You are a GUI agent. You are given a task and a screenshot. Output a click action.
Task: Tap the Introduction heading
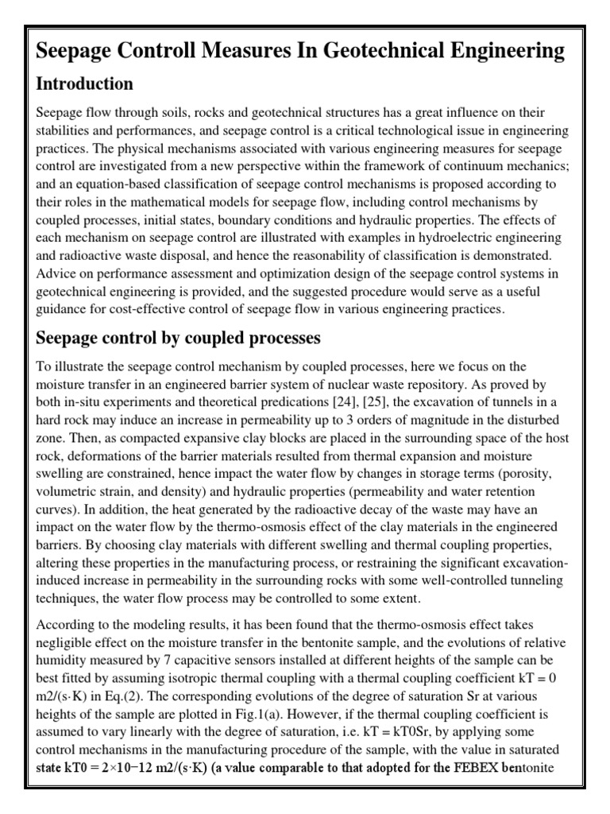[x=84, y=83]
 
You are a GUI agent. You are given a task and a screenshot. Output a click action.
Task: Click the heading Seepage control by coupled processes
[x=179, y=338]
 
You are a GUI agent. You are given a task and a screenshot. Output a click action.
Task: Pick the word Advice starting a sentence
[x=55, y=273]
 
